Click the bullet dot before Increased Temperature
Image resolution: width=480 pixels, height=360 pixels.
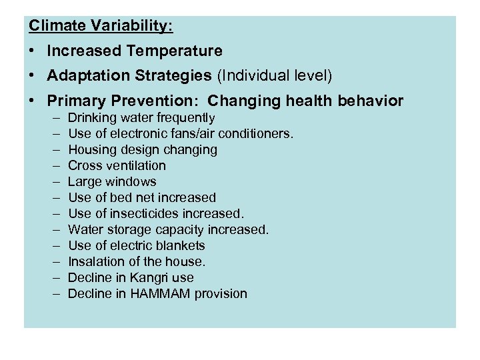coord(33,51)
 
